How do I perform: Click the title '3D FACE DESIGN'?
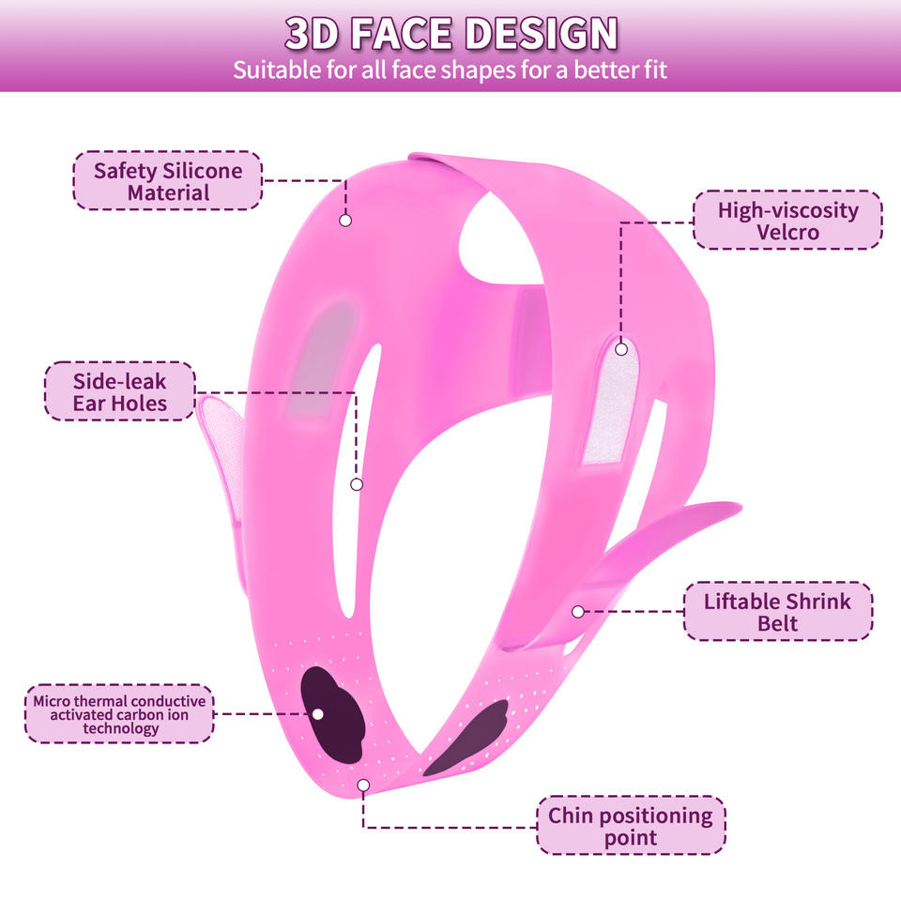[450, 34]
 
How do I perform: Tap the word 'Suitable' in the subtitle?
[271, 70]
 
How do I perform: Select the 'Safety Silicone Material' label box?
[168, 181]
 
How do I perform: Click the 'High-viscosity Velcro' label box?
[788, 221]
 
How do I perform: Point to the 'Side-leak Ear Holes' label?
[120, 391]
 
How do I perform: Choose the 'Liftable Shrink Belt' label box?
[777, 612]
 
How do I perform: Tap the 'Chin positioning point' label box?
[631, 826]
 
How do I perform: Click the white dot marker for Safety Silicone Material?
[345, 220]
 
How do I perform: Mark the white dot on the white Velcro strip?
[621, 349]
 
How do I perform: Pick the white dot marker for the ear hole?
[357, 484]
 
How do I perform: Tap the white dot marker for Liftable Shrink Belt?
[578, 611]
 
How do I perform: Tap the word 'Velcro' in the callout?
[788, 232]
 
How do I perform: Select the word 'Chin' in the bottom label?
[571, 815]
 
